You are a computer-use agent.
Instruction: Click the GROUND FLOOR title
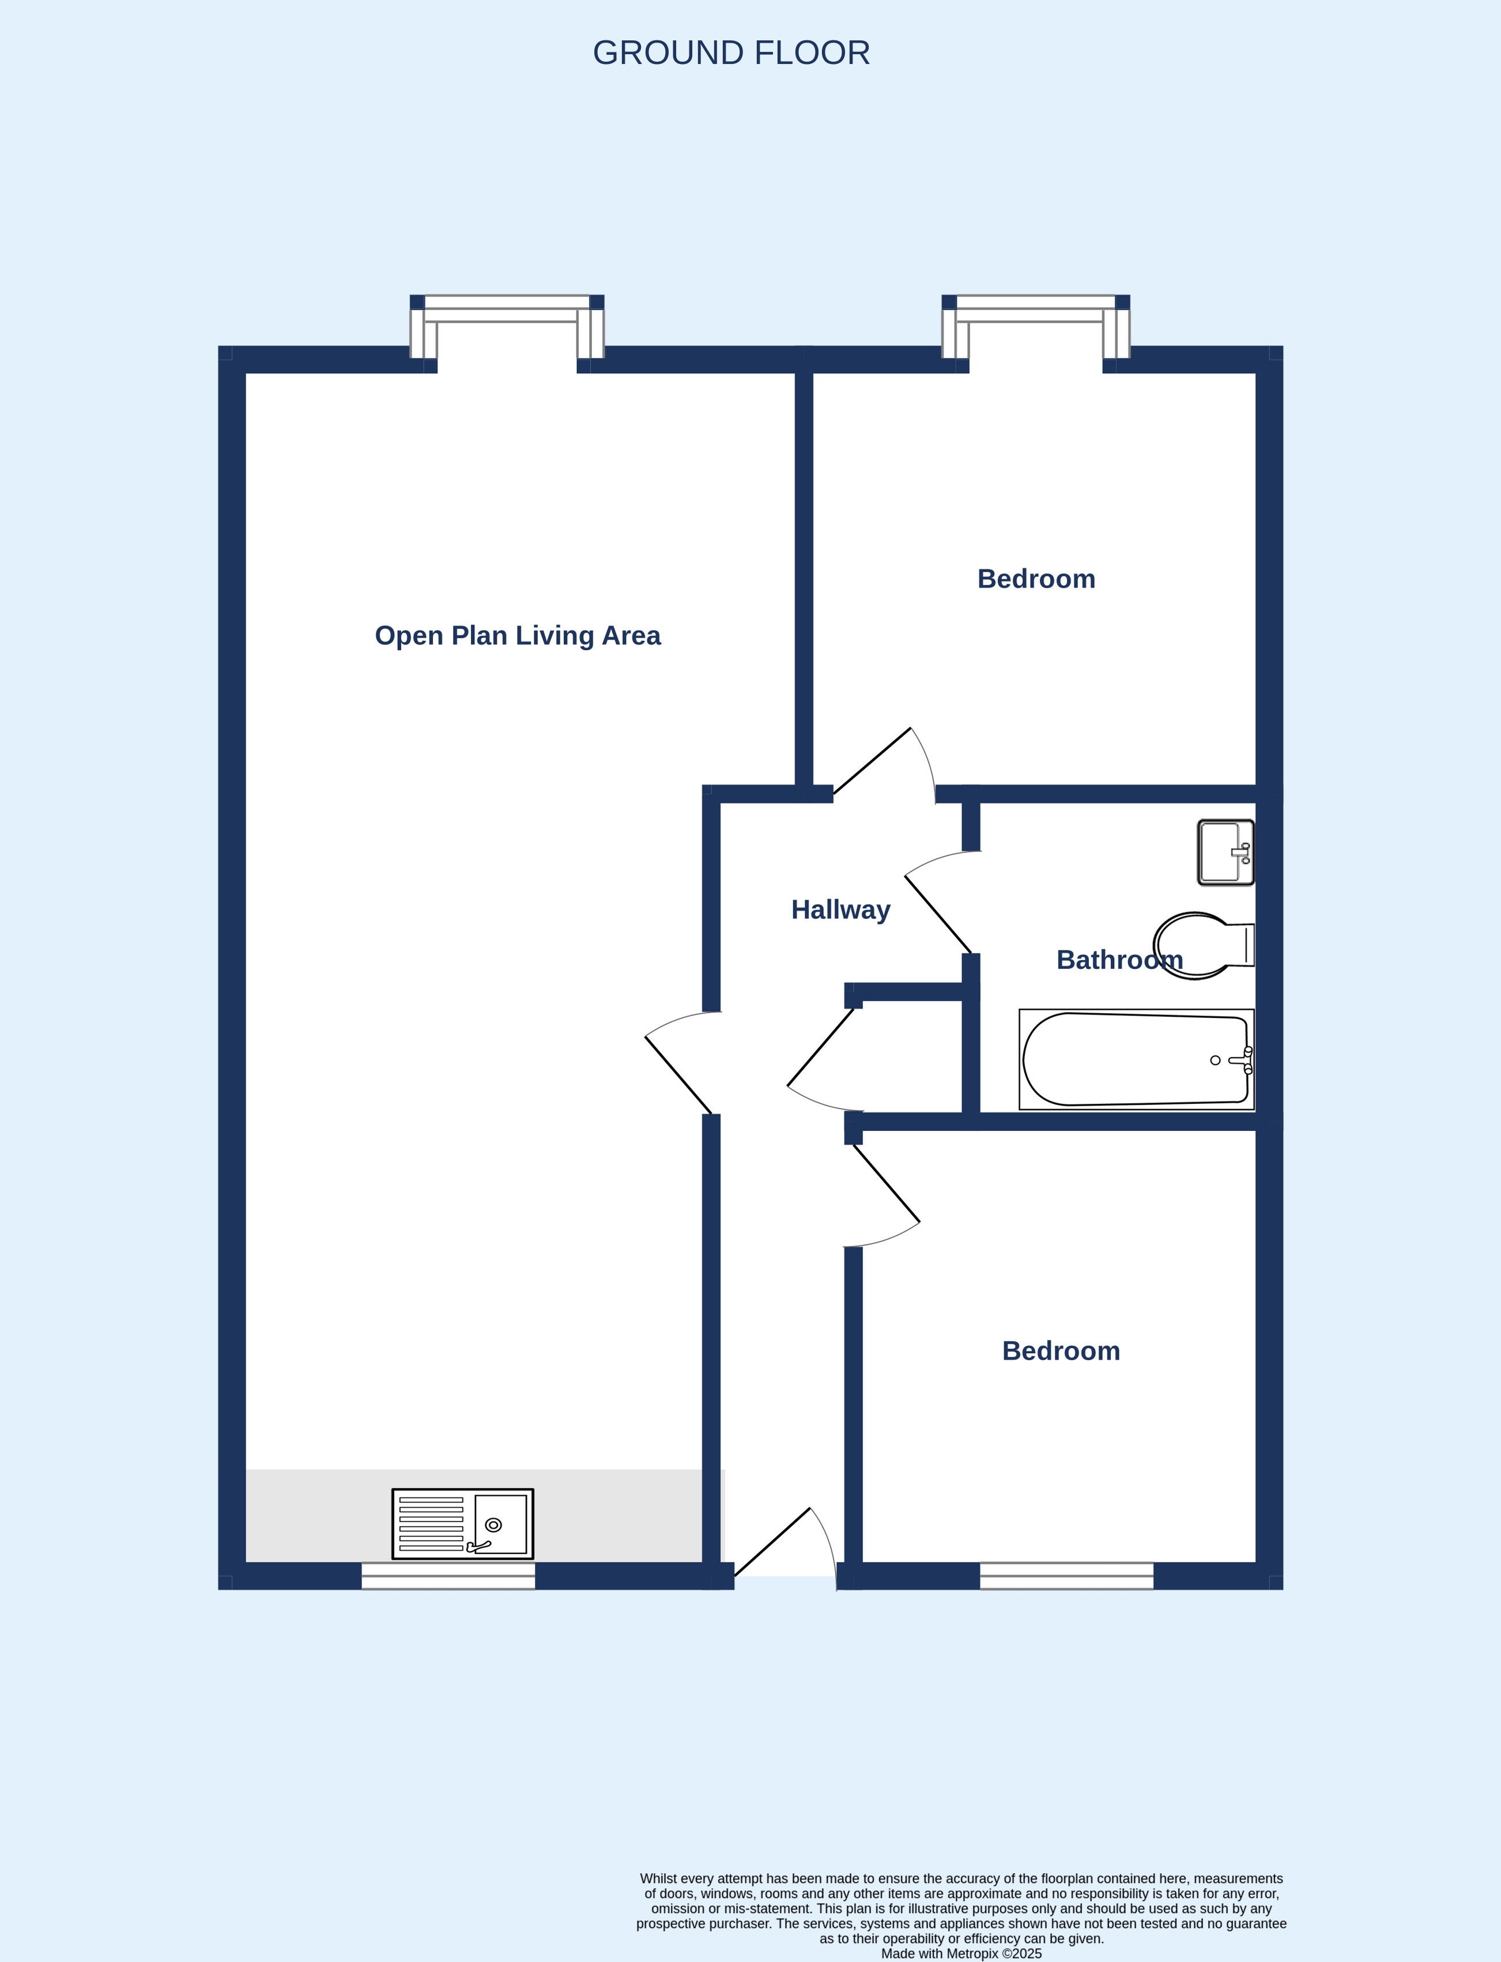click(731, 52)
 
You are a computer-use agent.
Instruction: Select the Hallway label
click(841, 910)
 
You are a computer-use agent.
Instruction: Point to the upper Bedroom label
click(1036, 579)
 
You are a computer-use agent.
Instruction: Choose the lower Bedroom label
click(1061, 1351)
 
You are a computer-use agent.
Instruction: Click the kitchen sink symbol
click(463, 1523)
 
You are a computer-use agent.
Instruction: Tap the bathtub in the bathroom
click(1137, 1059)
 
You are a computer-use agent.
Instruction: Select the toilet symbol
click(1204, 945)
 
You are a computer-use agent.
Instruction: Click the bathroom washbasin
click(1226, 852)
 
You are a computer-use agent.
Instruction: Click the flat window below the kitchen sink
click(448, 1575)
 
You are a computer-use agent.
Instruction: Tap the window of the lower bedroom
click(1067, 1575)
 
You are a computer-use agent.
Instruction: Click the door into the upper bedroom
click(872, 761)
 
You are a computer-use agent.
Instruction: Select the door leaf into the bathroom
click(938, 914)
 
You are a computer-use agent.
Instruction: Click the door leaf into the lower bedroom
click(887, 1183)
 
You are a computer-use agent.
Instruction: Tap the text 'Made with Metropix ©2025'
click(961, 1953)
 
